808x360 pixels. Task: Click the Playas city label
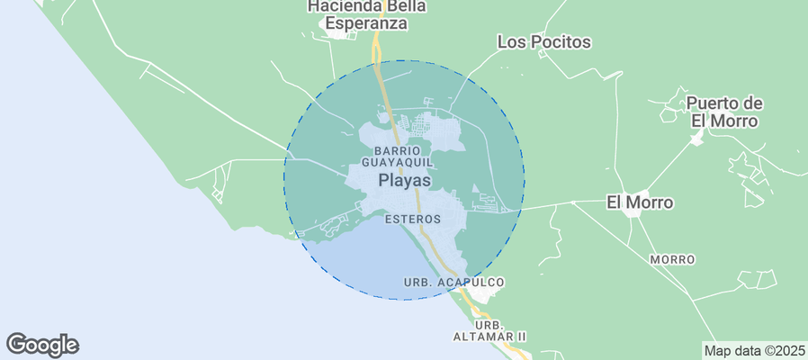tap(404, 181)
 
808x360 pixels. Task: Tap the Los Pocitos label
tap(544, 41)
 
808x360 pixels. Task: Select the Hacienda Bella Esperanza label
tap(366, 15)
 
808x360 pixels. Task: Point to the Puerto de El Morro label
tap(725, 112)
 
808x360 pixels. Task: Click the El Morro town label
tap(639, 202)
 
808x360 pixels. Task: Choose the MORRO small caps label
tap(672, 260)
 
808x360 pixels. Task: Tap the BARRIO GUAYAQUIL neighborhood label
tap(398, 156)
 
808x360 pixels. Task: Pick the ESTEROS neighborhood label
tap(412, 219)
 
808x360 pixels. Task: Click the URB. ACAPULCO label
tap(453, 283)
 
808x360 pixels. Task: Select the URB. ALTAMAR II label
tap(488, 330)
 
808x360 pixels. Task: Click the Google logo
tap(42, 344)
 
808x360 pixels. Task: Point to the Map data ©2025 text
tap(754, 350)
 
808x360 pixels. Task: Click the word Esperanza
tap(366, 24)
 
